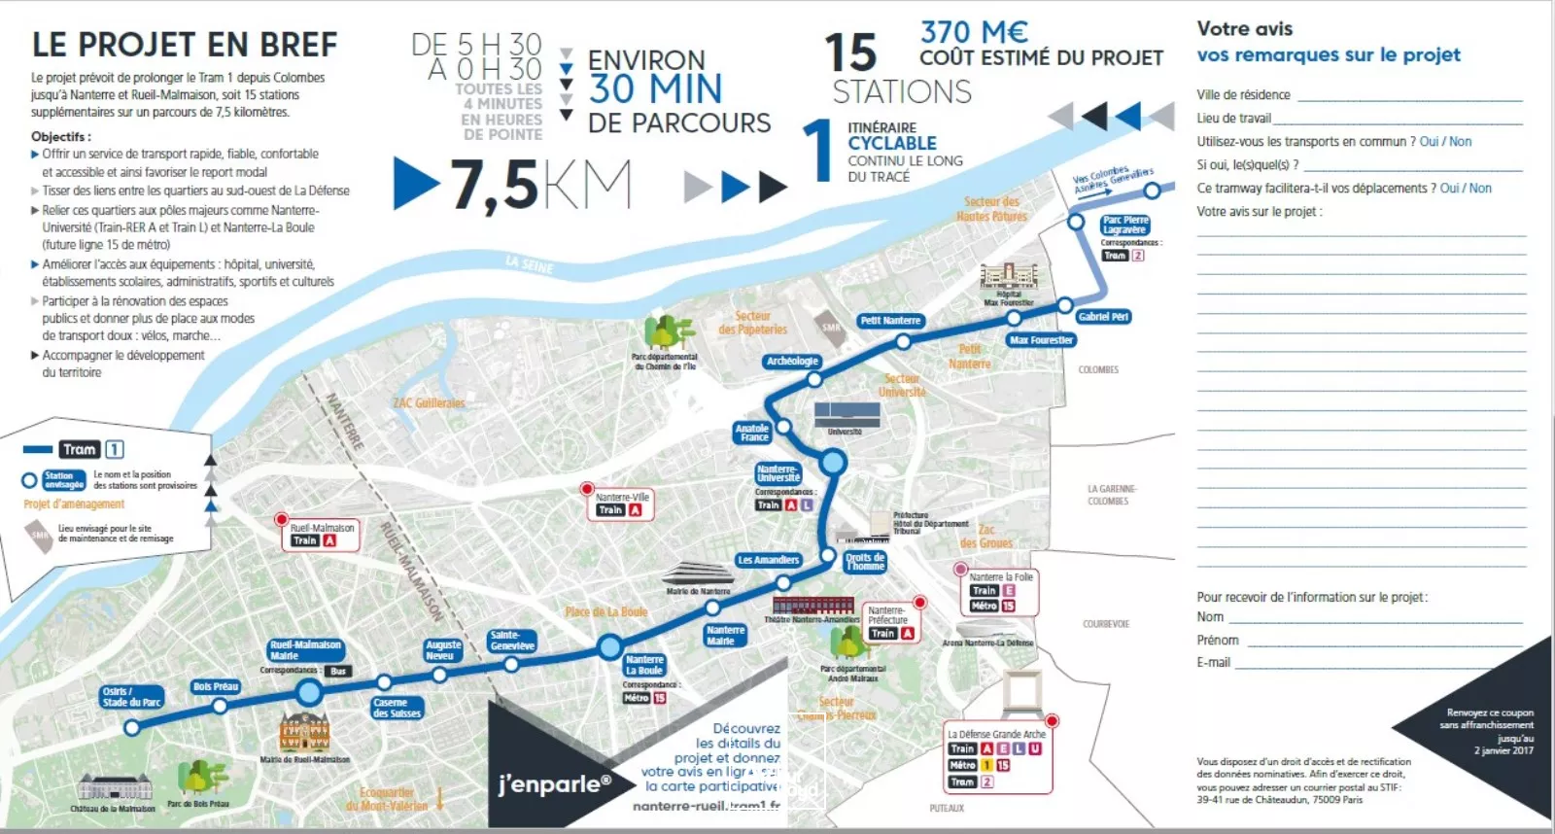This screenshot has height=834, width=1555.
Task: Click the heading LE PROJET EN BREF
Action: pyautogui.click(x=185, y=45)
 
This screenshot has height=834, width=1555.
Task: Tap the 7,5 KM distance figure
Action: pyautogui.click(x=539, y=185)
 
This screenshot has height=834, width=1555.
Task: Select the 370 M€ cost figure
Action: pyautogui.click(x=974, y=31)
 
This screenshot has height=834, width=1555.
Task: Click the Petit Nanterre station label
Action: pyautogui.click(x=889, y=320)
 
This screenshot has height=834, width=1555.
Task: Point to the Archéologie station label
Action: pyautogui.click(x=792, y=361)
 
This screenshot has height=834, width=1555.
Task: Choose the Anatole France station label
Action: pyautogui.click(x=752, y=433)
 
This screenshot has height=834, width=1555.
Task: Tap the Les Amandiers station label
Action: pyautogui.click(x=768, y=560)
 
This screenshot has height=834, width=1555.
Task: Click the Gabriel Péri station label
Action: pyautogui.click(x=1103, y=317)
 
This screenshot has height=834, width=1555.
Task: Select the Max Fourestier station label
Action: pyautogui.click(x=1041, y=340)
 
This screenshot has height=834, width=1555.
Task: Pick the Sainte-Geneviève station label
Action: pyautogui.click(x=512, y=641)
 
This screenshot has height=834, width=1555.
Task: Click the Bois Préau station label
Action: pyautogui.click(x=216, y=686)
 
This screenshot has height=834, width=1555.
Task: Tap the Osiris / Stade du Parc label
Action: pyautogui.click(x=131, y=697)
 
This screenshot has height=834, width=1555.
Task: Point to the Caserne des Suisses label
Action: pyautogui.click(x=397, y=708)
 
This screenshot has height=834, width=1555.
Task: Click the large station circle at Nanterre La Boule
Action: pyautogui.click(x=609, y=646)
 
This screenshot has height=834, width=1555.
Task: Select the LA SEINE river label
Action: pyautogui.click(x=529, y=263)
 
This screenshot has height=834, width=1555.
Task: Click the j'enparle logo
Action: pyautogui.click(x=554, y=783)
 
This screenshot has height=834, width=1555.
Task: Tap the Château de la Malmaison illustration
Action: pyautogui.click(x=114, y=788)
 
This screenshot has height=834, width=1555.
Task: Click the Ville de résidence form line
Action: pyautogui.click(x=1409, y=95)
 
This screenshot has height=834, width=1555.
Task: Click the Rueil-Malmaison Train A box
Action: pyautogui.click(x=322, y=535)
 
